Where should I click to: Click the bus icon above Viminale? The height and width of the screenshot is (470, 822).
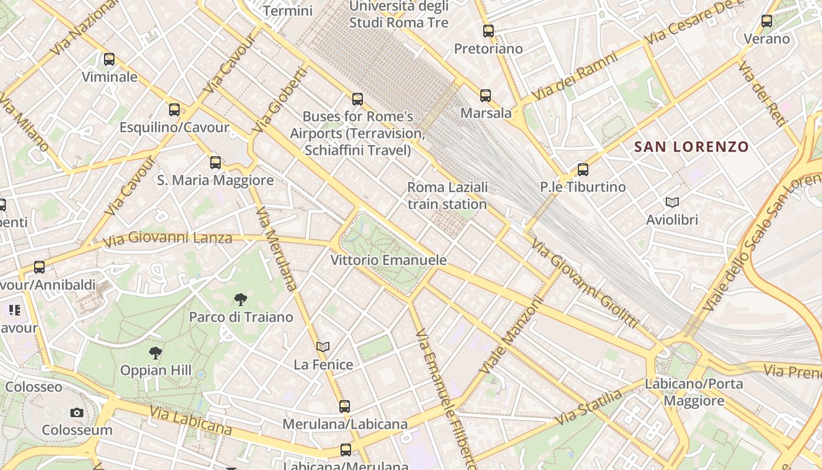(109, 59)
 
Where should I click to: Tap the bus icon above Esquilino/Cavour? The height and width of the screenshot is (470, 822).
(174, 110)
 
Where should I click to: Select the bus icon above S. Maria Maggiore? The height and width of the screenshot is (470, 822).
(215, 163)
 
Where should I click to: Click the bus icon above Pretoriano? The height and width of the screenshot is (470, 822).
(489, 31)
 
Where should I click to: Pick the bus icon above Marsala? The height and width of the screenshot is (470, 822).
(486, 96)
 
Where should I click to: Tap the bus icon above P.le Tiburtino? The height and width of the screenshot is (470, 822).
(583, 170)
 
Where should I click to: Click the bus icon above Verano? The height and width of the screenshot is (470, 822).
(767, 22)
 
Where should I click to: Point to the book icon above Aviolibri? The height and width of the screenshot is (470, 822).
(672, 203)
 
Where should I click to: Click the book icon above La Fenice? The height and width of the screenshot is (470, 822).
(323, 347)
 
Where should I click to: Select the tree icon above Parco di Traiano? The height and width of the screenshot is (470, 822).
(240, 300)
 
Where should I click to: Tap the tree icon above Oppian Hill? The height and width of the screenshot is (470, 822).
(156, 353)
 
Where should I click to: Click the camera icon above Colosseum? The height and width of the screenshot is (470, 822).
(77, 413)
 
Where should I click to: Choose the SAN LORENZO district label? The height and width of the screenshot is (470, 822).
(692, 147)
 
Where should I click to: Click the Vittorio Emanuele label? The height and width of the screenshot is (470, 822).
(389, 260)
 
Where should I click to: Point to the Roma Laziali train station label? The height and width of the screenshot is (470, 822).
(447, 196)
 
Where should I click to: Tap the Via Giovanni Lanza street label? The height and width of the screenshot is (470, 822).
(167, 239)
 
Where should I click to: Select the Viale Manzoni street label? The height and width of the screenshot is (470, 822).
(511, 335)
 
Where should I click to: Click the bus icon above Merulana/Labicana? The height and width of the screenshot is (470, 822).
(345, 407)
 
